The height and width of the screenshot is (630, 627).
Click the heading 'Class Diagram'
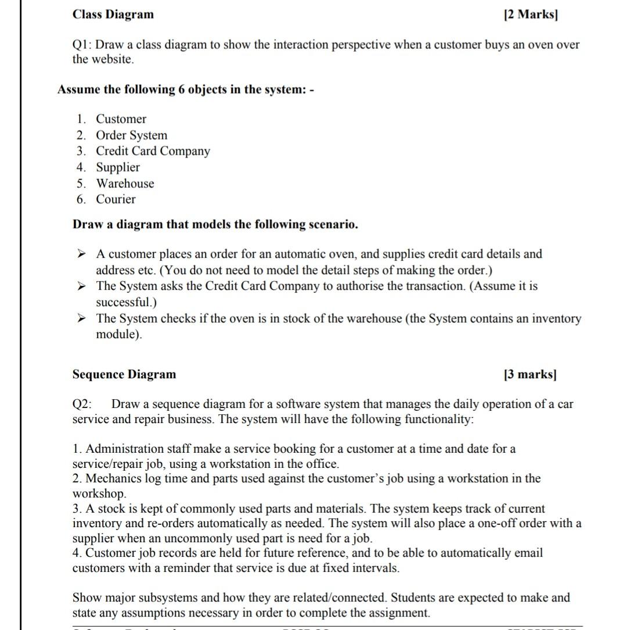click(x=113, y=15)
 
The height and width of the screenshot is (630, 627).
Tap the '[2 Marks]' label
click(x=531, y=15)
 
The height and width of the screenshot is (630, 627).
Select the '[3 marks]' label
click(x=531, y=374)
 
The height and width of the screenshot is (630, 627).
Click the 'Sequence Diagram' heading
click(x=124, y=374)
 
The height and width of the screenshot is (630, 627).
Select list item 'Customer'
click(x=121, y=119)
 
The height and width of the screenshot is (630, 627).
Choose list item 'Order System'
click(x=131, y=135)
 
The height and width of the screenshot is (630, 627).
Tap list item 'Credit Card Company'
click(x=153, y=151)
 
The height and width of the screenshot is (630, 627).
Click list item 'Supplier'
click(x=118, y=167)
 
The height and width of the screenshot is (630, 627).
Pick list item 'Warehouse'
click(x=125, y=184)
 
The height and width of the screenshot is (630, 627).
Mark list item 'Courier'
click(x=116, y=199)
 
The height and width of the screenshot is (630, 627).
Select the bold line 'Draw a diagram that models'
click(x=215, y=224)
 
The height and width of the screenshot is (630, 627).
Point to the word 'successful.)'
click(x=126, y=302)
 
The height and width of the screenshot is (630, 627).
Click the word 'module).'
click(x=118, y=335)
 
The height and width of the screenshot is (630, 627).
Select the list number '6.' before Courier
click(x=81, y=199)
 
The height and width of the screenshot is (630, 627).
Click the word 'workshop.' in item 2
click(x=99, y=493)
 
